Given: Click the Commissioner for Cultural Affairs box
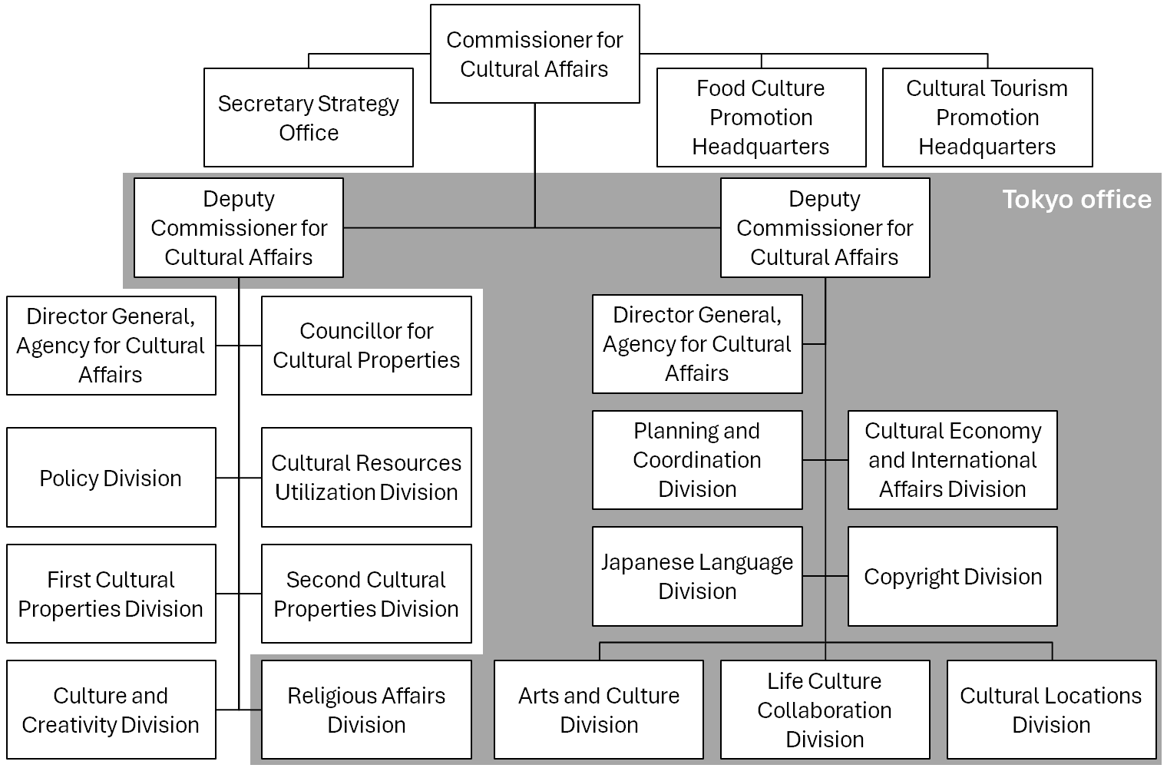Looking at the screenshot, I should (x=534, y=54).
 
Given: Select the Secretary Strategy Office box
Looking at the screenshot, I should (x=308, y=118).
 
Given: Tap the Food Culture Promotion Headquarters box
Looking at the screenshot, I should (x=761, y=118).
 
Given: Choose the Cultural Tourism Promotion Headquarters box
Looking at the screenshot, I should (x=987, y=118).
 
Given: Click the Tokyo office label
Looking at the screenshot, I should (x=1076, y=200).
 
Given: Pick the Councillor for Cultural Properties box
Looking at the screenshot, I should (x=366, y=346).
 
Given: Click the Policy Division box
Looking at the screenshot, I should (x=111, y=478).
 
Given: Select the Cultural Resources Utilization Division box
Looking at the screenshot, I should (x=366, y=478).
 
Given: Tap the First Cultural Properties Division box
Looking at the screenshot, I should (x=111, y=594).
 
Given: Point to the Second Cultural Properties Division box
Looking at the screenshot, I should (x=366, y=594).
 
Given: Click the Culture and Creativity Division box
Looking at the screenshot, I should (x=111, y=710).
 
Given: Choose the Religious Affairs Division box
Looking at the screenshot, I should (x=366, y=710).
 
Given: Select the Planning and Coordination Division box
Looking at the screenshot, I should (x=697, y=460).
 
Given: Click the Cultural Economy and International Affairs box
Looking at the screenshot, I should (x=952, y=460).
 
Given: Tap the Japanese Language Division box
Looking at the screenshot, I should (x=697, y=576).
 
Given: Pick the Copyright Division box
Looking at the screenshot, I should (x=952, y=576).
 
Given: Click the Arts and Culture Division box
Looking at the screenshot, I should (x=598, y=710).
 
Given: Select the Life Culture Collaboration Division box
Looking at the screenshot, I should (x=825, y=710).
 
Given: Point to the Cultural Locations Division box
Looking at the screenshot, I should (x=1051, y=710).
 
